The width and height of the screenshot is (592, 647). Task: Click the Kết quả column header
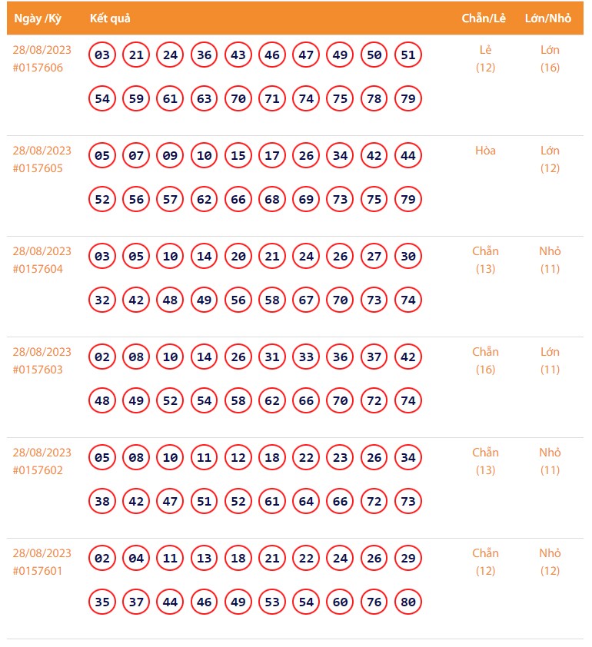point(109,18)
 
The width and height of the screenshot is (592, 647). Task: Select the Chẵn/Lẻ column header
point(484,18)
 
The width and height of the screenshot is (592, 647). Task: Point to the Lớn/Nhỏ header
point(547,18)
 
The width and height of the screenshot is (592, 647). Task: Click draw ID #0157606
point(38,68)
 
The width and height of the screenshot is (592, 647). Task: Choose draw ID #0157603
point(38,370)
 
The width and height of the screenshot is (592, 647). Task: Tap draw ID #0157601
point(38,571)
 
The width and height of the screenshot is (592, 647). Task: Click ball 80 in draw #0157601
point(407,602)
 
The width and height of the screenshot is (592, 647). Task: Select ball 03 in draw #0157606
point(102,55)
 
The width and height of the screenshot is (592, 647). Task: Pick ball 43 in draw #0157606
point(238,55)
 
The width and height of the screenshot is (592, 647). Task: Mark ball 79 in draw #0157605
point(407,199)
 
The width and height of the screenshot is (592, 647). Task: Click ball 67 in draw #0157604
point(306,300)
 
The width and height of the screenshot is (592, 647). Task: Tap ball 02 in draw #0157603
point(102,357)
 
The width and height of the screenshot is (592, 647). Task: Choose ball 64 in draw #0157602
point(306,501)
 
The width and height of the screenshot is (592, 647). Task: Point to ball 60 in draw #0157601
point(340,602)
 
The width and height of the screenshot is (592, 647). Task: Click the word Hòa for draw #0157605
point(485,151)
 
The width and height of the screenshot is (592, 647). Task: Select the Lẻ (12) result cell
point(485,58)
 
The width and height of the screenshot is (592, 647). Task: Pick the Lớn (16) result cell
point(550,58)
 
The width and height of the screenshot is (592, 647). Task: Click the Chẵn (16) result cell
point(485,360)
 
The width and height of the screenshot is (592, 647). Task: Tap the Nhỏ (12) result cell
point(550,562)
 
